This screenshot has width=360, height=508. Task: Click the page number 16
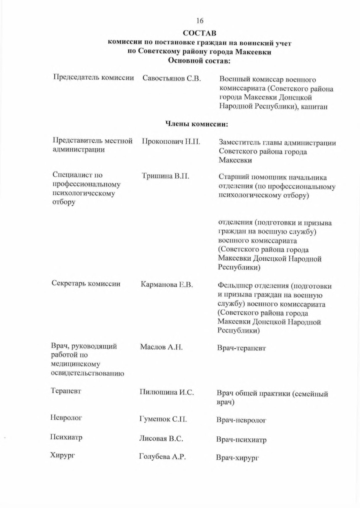200,21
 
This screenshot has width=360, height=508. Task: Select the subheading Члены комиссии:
197,124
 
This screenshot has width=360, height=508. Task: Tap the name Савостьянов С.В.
172,78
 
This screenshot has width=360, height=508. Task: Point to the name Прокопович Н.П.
171,142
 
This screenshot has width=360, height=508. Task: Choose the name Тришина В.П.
166,176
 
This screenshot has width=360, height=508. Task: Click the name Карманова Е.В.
167,284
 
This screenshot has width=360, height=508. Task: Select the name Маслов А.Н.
161,347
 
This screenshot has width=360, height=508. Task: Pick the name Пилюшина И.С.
166,392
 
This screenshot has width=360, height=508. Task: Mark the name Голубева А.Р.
162,457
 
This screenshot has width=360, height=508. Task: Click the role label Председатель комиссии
94,78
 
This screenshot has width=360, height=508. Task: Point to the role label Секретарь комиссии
86,283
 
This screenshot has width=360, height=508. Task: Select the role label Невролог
66,417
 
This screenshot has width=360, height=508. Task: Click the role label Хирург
63,456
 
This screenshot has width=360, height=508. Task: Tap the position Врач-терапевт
241,348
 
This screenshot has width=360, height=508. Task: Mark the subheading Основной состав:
199,61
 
